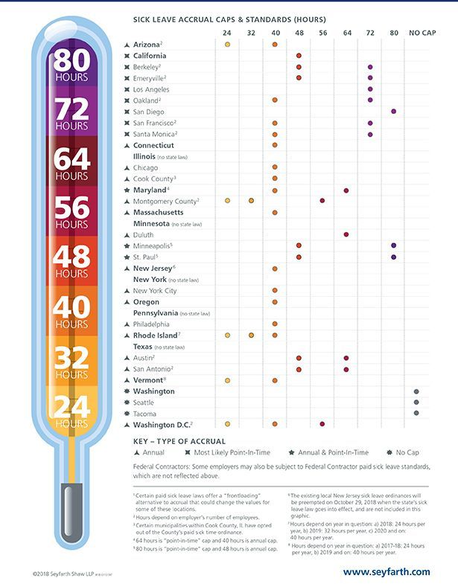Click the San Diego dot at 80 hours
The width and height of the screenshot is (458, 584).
click(x=393, y=111)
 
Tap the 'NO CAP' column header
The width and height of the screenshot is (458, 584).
click(x=421, y=33)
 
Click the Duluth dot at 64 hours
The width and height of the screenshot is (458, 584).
click(x=346, y=234)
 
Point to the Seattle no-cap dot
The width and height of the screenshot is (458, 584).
click(x=416, y=402)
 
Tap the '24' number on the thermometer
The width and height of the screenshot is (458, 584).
click(x=71, y=408)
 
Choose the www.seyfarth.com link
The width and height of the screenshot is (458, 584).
click(x=387, y=571)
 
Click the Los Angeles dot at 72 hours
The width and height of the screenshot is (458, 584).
click(x=370, y=89)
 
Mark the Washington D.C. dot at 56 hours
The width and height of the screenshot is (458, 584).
click(x=322, y=424)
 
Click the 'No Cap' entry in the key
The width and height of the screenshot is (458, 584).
click(x=401, y=452)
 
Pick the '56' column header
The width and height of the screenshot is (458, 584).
click(x=322, y=33)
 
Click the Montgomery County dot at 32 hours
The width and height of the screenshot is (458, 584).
click(x=251, y=201)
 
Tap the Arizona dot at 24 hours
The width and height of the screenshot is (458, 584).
click(x=227, y=45)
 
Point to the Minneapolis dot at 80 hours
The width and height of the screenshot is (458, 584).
click(x=393, y=246)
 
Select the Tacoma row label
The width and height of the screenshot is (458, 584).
click(x=145, y=413)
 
